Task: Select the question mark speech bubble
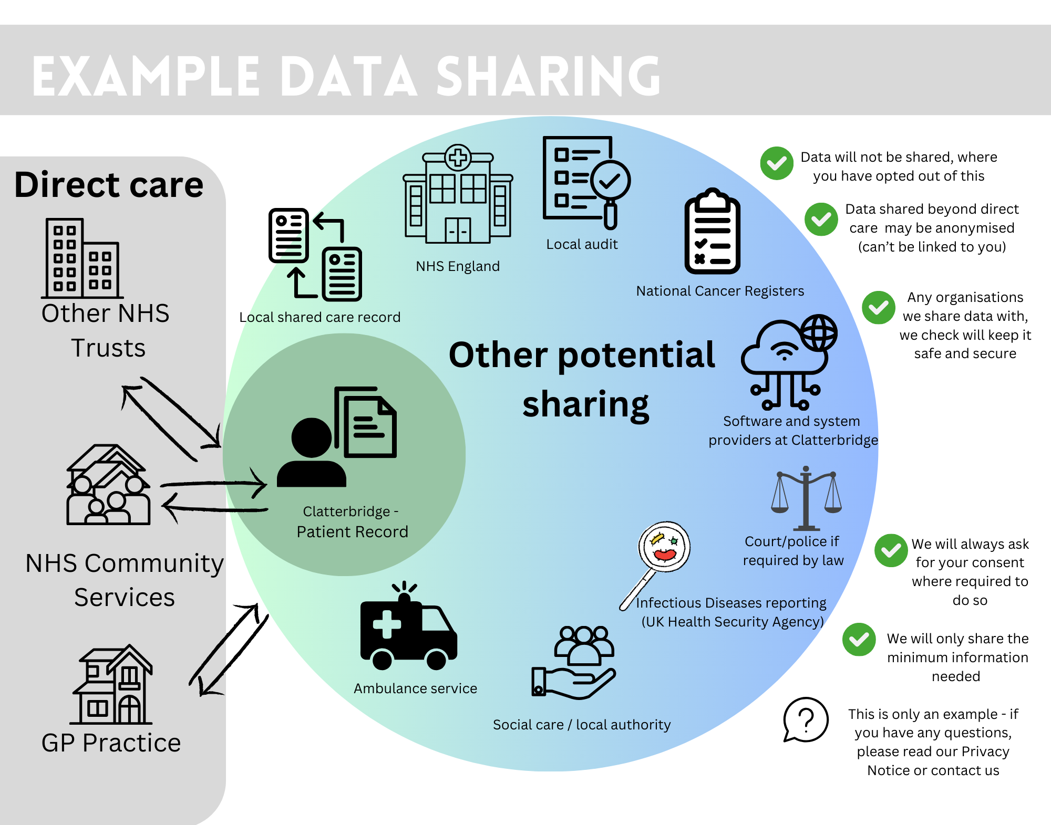(x=806, y=719)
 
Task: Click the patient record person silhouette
(x=312, y=452)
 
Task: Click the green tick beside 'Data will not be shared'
(x=777, y=163)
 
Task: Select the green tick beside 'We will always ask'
(x=891, y=550)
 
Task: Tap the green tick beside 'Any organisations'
(x=878, y=307)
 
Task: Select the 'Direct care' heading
(x=109, y=185)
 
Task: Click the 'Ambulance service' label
(x=415, y=688)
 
